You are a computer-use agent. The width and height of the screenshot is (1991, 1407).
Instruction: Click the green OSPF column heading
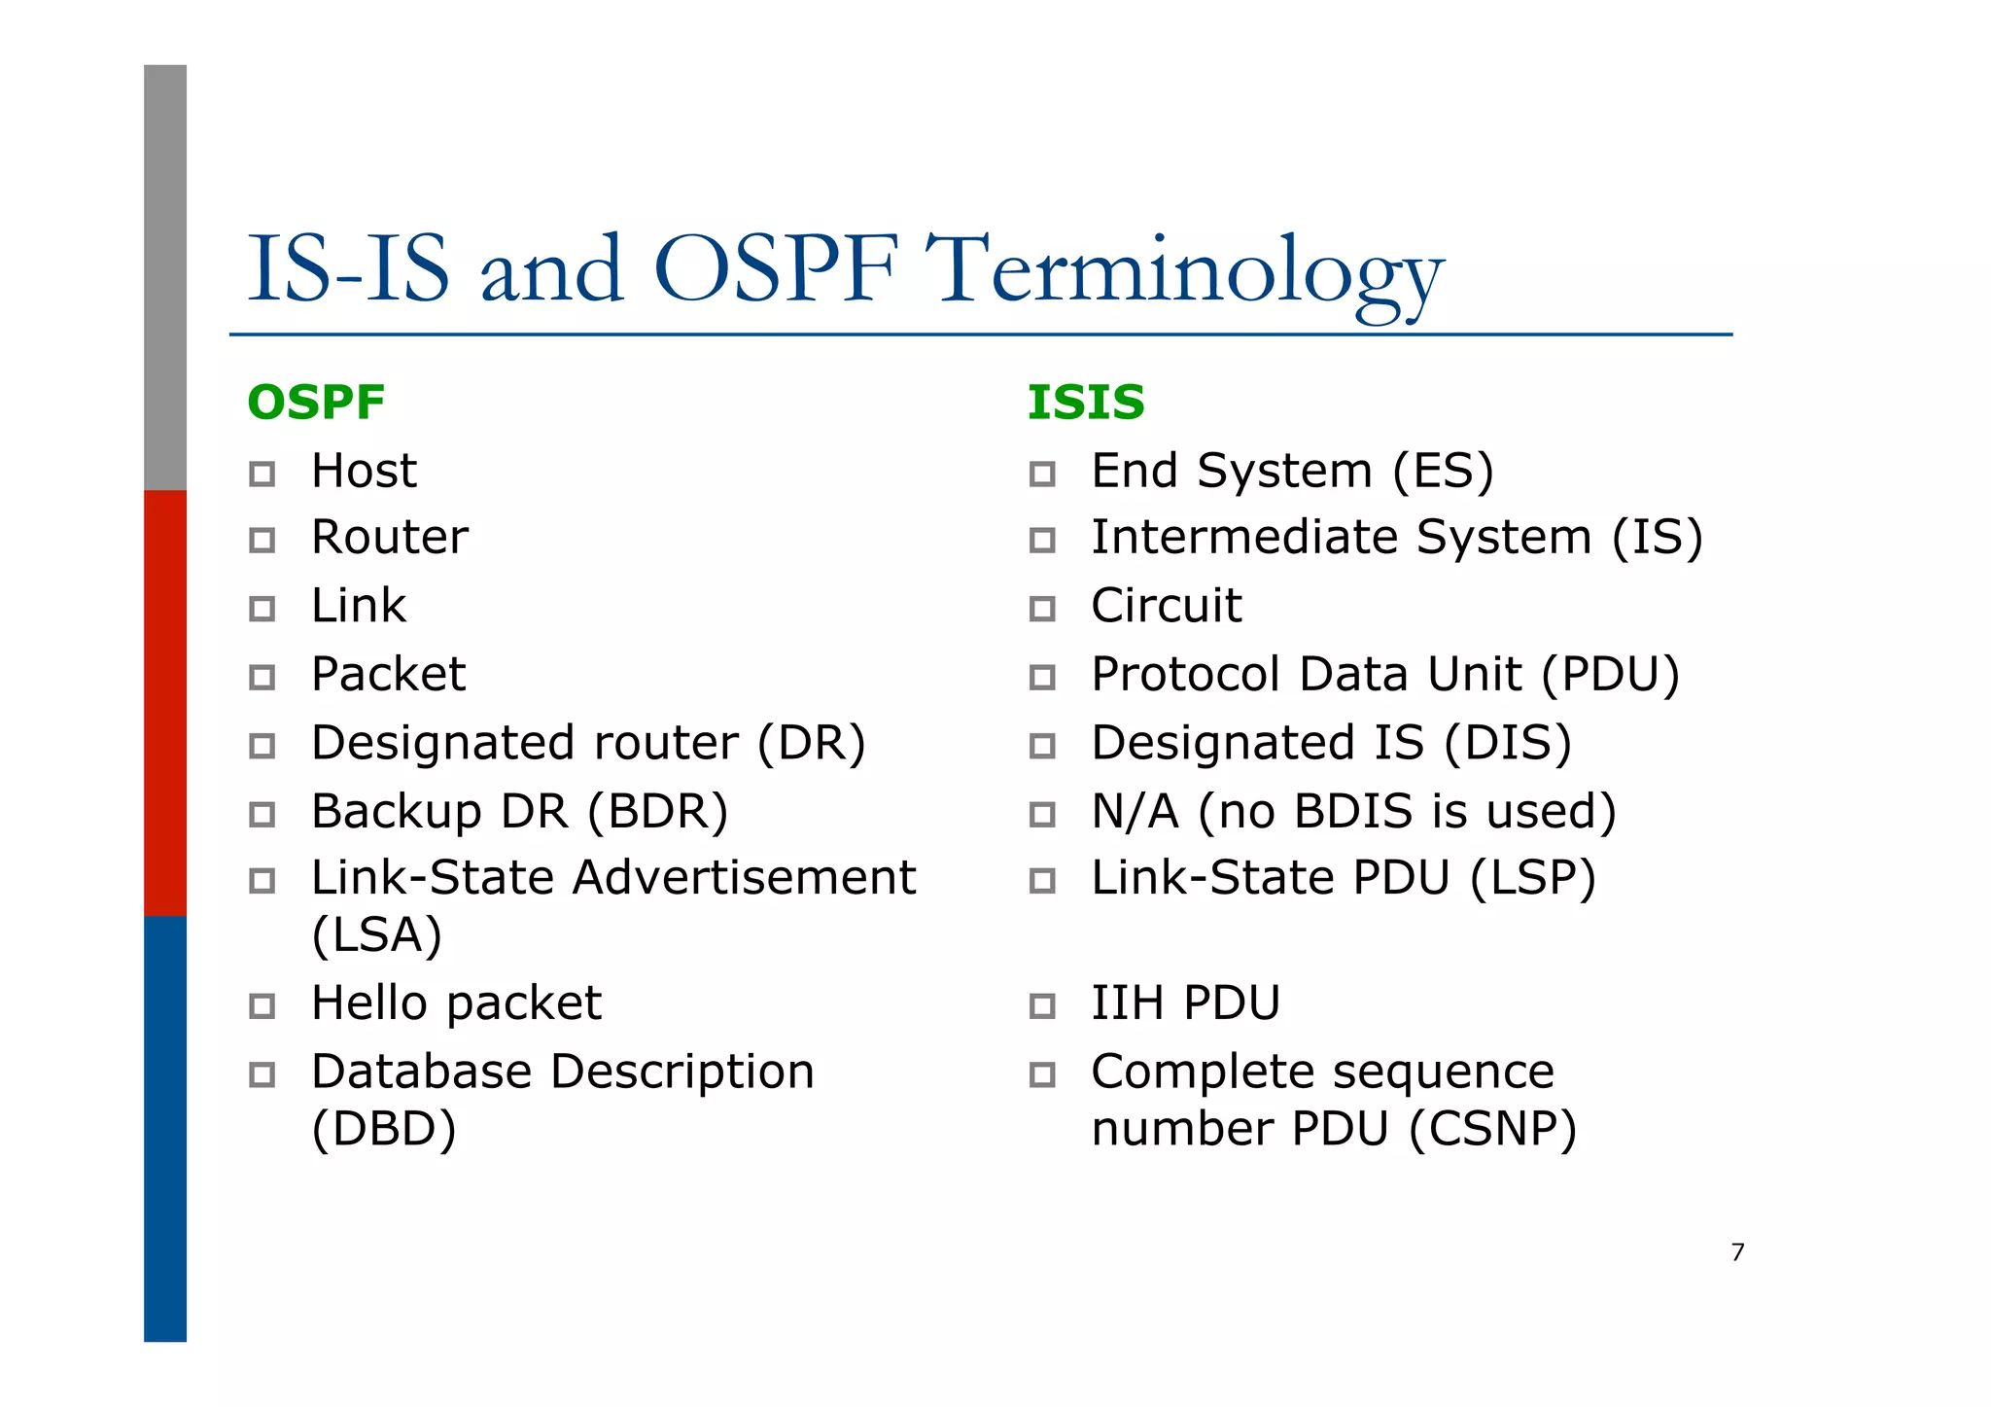tap(316, 403)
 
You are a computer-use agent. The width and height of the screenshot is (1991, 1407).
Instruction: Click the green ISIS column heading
tap(1086, 403)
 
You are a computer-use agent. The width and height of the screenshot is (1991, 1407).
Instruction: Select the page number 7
tap(1737, 1252)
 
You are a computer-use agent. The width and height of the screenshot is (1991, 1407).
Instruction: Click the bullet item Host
tap(364, 472)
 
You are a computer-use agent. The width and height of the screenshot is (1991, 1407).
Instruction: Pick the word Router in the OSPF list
tap(390, 538)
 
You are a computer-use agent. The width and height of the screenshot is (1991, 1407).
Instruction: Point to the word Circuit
tap(1166, 606)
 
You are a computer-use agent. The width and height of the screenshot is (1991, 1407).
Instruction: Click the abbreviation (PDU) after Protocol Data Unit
tap(1611, 675)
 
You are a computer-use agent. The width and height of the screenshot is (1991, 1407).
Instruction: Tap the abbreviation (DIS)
tap(1507, 744)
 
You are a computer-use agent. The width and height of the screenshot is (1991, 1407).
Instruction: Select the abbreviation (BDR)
tap(658, 812)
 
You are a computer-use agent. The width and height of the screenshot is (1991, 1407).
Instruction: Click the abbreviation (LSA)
tap(377, 935)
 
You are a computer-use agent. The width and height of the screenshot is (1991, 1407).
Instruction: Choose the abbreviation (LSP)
tap(1533, 878)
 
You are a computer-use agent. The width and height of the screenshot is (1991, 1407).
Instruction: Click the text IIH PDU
tap(1185, 1003)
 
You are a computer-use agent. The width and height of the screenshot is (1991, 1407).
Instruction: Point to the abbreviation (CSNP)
tap(1492, 1130)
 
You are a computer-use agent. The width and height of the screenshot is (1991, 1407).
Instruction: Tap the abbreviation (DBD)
tap(384, 1130)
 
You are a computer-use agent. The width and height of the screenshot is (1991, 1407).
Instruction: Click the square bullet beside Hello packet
tap(262, 1005)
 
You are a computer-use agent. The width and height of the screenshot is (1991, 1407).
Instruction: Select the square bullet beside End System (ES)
tap(1042, 474)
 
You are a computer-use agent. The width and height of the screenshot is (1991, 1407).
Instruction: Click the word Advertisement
tap(744, 878)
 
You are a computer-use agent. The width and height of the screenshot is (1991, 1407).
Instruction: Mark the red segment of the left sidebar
tap(165, 702)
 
